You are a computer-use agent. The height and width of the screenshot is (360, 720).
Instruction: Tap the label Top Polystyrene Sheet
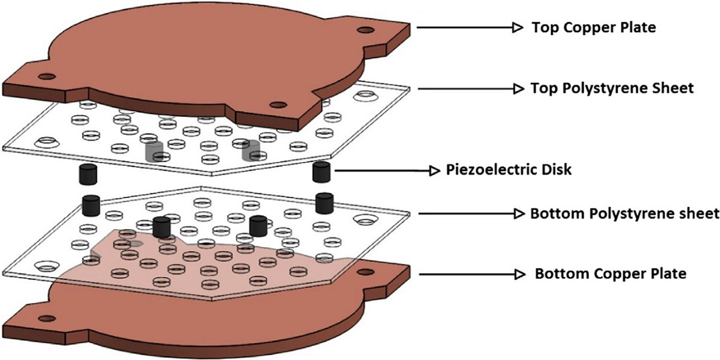coord(612,89)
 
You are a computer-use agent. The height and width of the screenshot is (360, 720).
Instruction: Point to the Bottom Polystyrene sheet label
coord(624,213)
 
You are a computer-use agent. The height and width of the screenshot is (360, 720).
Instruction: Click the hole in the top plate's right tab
coord(362,30)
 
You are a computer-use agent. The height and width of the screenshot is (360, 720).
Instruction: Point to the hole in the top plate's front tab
coord(277,105)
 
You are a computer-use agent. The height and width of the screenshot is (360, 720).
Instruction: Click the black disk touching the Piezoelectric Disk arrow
coord(322,171)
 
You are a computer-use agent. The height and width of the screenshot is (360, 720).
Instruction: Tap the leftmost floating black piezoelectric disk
coord(88,174)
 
